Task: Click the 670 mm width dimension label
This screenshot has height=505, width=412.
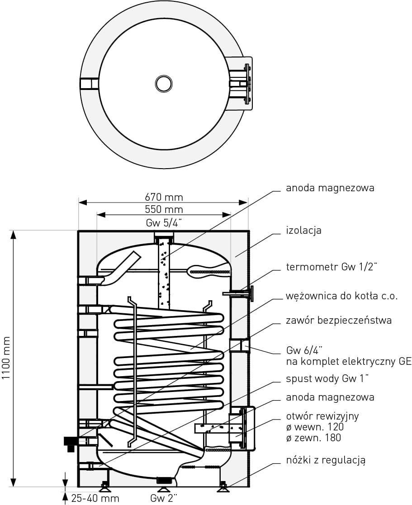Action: (x=164, y=197)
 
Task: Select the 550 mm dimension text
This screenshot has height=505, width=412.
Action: (x=164, y=209)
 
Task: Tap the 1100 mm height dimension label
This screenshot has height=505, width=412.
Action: (x=7, y=358)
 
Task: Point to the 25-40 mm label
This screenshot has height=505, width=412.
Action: (x=95, y=498)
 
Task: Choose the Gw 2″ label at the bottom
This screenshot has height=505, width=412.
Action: (x=164, y=498)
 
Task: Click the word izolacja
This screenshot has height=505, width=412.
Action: (x=303, y=230)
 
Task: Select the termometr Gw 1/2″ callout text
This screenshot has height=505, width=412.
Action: (x=331, y=267)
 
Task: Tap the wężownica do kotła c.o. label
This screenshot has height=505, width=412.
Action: (x=341, y=296)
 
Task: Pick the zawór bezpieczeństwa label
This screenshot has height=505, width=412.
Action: (x=339, y=321)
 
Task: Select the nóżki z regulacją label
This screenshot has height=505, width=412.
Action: (x=326, y=461)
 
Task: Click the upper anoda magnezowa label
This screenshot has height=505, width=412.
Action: (x=330, y=188)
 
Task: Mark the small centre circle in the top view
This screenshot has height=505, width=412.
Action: (x=163, y=83)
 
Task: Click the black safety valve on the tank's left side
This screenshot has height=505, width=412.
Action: (x=71, y=442)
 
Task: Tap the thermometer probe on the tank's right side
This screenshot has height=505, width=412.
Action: (x=237, y=294)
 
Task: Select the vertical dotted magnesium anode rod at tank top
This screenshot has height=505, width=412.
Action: (x=163, y=276)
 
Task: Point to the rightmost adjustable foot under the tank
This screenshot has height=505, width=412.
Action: (x=222, y=487)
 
